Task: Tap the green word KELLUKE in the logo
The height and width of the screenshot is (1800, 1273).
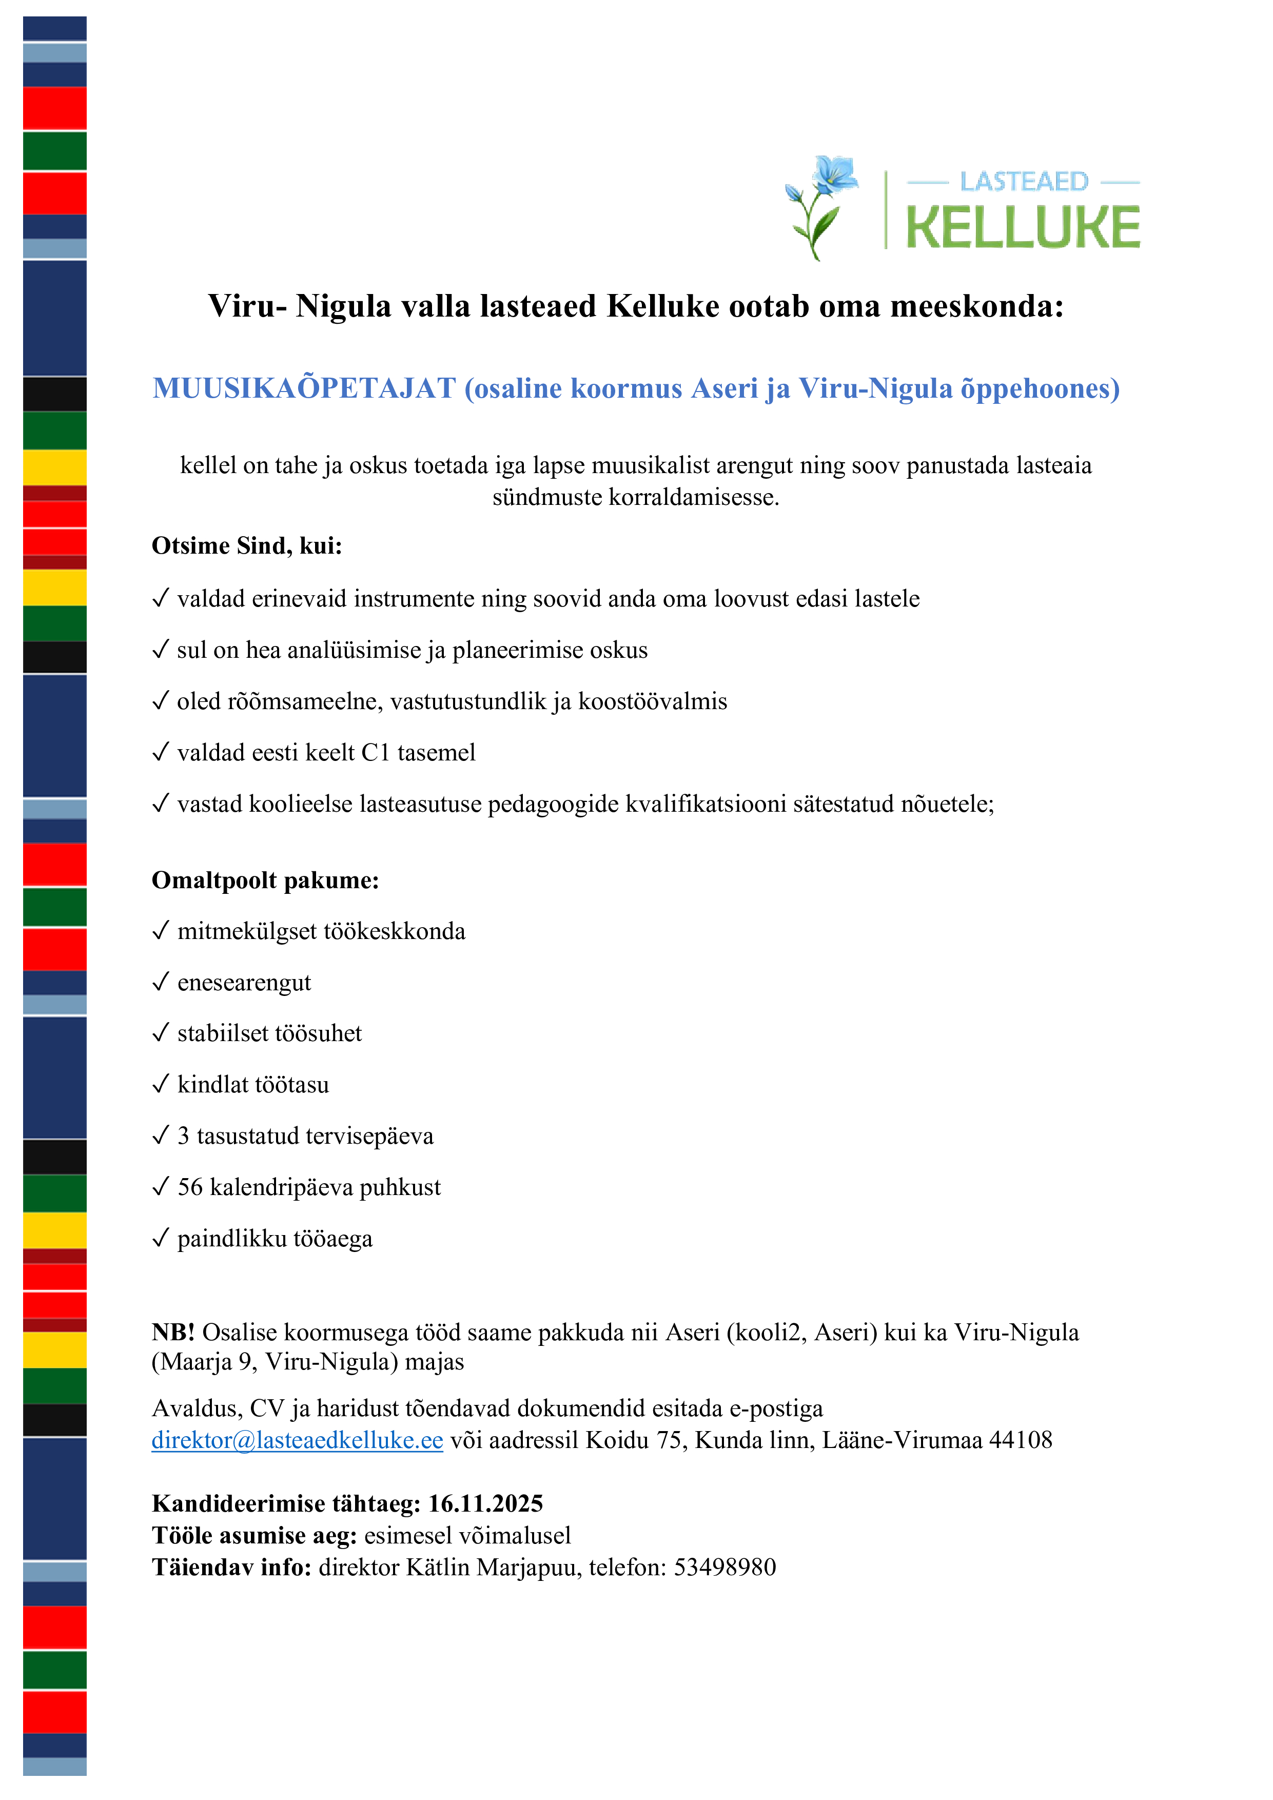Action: pyautogui.click(x=1023, y=228)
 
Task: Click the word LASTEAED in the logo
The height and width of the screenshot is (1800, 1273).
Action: pyautogui.click(x=1024, y=182)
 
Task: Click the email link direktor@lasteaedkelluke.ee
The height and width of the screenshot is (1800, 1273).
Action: pyautogui.click(x=297, y=1440)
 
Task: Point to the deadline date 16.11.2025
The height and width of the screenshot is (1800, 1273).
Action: pyautogui.click(x=485, y=1503)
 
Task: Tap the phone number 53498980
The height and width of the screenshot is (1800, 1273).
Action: pyautogui.click(x=724, y=1567)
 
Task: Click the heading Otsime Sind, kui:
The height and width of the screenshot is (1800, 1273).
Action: pyautogui.click(x=247, y=545)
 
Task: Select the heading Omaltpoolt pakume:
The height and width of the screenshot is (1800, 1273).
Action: pyautogui.click(x=265, y=881)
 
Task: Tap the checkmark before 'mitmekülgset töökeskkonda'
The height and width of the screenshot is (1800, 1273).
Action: pyautogui.click(x=161, y=931)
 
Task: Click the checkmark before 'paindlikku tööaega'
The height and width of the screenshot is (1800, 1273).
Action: pyautogui.click(x=161, y=1238)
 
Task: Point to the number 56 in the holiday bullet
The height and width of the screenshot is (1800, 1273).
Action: pyautogui.click(x=190, y=1188)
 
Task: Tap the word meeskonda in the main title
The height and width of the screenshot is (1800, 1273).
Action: pyautogui.click(x=977, y=306)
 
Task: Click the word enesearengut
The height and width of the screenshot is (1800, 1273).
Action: pyautogui.click(x=244, y=982)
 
